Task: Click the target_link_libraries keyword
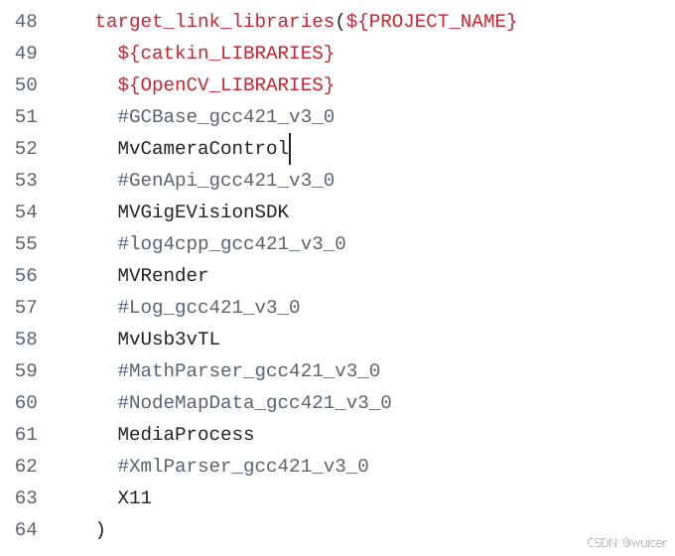tap(214, 21)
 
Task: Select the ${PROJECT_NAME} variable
tap(431, 21)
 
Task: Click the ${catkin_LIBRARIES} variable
tap(225, 53)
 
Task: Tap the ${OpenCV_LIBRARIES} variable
tap(225, 84)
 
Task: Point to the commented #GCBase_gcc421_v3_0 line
tap(225, 116)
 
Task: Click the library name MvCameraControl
tap(202, 148)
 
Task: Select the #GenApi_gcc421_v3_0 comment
tap(225, 180)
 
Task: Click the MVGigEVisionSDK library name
tap(202, 211)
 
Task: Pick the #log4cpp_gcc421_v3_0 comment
tap(231, 243)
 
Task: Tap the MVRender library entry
tap(163, 275)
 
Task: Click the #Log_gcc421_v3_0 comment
tap(208, 307)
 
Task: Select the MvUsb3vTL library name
tap(169, 339)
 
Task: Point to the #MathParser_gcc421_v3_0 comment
tap(248, 370)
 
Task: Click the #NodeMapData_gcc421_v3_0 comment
tap(254, 402)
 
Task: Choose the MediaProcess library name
tap(186, 434)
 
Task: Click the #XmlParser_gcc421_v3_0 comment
tap(242, 466)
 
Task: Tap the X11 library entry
tap(134, 497)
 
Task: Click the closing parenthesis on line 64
tap(100, 529)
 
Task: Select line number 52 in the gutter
tap(26, 148)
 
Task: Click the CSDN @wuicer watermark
tap(625, 542)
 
